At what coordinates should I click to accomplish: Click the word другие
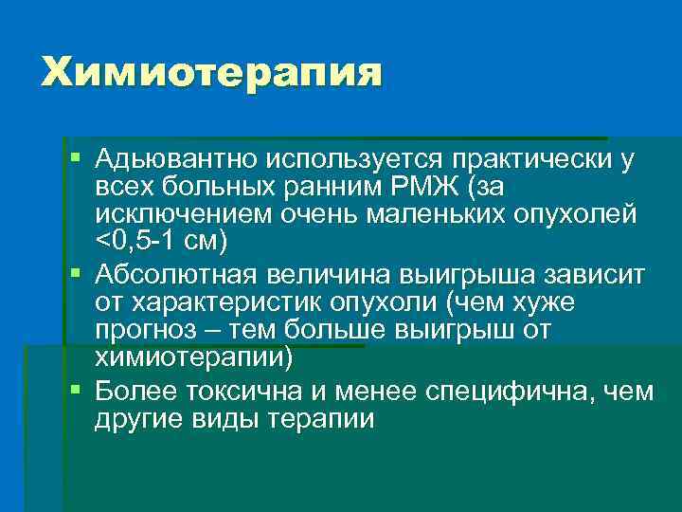tap(136, 419)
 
